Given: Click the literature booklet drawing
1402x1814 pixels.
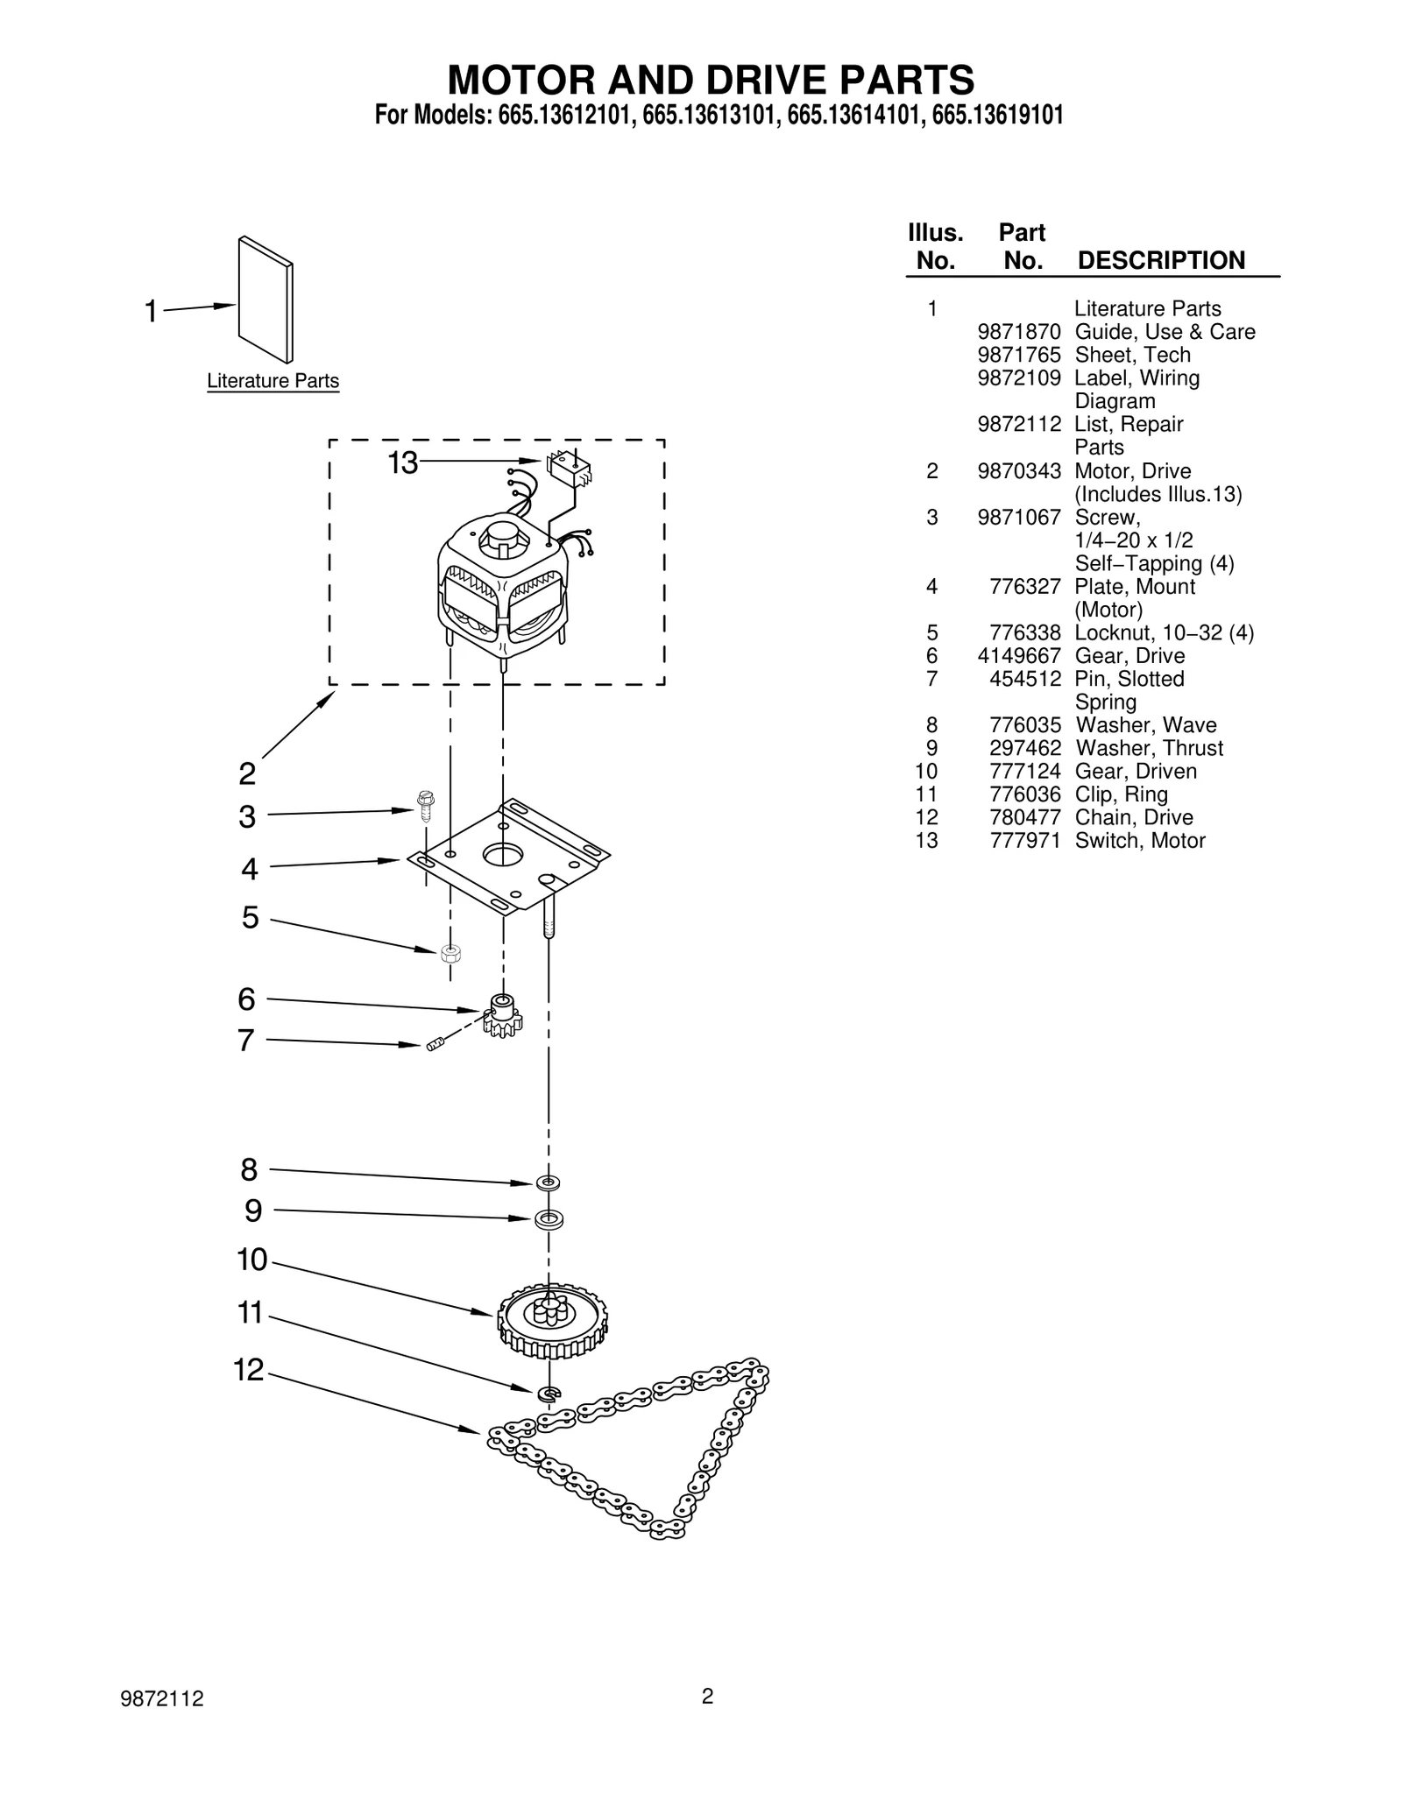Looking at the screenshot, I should click(266, 299).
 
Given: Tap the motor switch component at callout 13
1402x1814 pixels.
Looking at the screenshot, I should click(569, 469).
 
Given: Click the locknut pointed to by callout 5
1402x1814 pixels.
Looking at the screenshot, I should click(451, 953).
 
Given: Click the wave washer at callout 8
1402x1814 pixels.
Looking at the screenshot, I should click(549, 1182).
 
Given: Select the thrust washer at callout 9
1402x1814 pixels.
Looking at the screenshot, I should click(549, 1218).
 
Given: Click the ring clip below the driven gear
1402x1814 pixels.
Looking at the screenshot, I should click(549, 1393).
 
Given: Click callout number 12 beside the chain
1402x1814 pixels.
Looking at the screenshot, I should click(249, 1370).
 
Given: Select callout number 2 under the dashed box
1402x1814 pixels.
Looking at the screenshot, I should click(248, 773).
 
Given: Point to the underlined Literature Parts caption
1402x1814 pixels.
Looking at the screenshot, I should click(273, 381).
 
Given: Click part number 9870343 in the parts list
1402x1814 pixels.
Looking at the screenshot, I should click(1019, 471).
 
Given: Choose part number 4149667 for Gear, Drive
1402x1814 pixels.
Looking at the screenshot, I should click(1019, 656).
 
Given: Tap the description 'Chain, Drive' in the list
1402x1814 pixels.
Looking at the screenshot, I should click(1134, 817).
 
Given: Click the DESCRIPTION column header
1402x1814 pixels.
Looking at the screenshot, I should click(1161, 260).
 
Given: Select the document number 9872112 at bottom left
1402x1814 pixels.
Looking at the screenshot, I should click(162, 1699).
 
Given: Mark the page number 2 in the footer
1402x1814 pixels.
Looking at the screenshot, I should click(708, 1697).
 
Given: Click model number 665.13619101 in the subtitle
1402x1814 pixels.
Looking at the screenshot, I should click(998, 116).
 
